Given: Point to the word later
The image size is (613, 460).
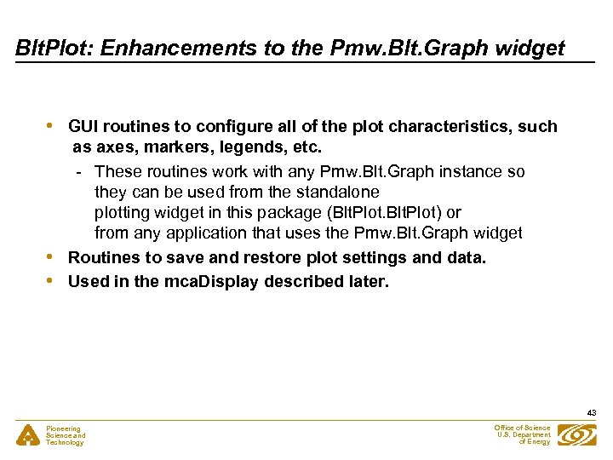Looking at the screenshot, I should (367, 281).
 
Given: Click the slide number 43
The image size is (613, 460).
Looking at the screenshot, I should (591, 413).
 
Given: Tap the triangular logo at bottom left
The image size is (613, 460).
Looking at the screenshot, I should (28, 435).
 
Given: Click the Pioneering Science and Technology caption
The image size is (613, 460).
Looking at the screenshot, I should (66, 435).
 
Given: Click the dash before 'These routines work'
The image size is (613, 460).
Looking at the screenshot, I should (78, 172).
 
